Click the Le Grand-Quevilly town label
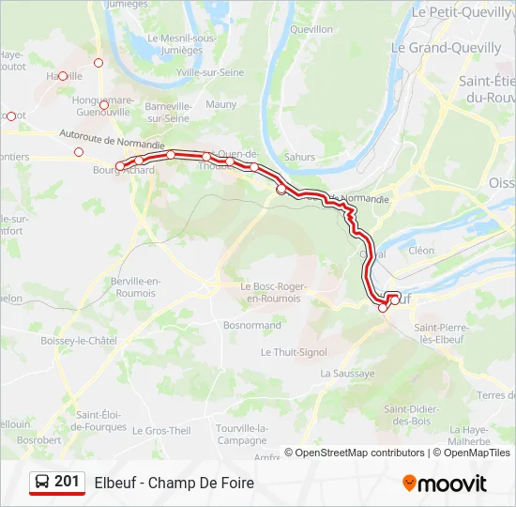(438, 46)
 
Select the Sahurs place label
(299, 157)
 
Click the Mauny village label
(221, 104)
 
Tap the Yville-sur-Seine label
(210, 71)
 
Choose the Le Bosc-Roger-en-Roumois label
(270, 292)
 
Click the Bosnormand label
(252, 325)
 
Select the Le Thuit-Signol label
(294, 352)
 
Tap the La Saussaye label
(347, 373)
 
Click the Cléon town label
(421, 251)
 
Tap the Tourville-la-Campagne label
(242, 434)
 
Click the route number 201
(67, 482)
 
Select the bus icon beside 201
(42, 483)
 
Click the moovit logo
(445, 484)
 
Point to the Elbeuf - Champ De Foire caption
(174, 484)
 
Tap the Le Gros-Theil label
(161, 431)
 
